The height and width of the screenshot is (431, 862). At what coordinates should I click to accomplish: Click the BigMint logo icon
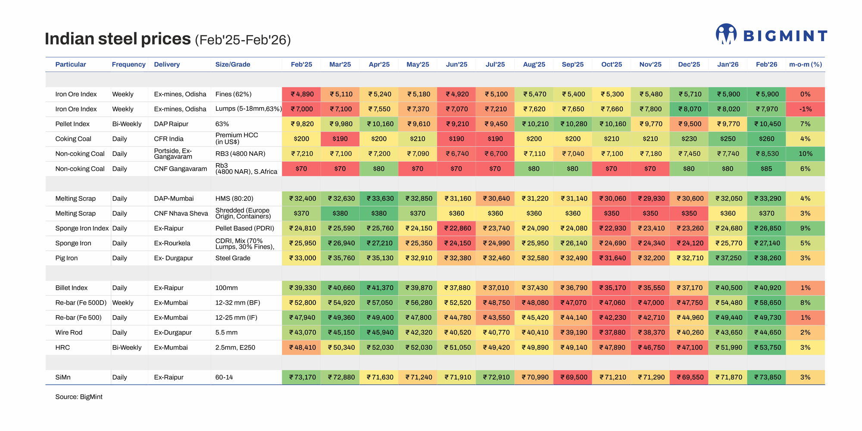click(726, 34)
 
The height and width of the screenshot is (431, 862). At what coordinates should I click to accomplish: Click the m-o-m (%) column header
click(805, 65)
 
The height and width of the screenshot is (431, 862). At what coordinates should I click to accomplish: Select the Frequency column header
click(128, 65)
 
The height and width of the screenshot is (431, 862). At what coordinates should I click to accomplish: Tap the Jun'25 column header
click(456, 65)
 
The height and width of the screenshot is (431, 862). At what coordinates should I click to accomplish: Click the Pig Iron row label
click(66, 258)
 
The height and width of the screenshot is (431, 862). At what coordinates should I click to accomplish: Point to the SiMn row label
click(63, 378)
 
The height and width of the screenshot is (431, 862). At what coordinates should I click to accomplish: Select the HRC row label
click(62, 347)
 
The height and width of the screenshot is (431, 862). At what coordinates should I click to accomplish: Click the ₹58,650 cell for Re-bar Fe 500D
click(766, 303)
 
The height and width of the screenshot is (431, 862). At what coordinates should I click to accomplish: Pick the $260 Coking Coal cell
click(766, 139)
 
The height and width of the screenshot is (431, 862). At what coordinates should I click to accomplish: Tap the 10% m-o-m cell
click(805, 154)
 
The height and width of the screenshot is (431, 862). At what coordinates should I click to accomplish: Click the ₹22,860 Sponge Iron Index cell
click(456, 228)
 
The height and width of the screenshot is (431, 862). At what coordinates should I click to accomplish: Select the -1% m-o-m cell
click(805, 109)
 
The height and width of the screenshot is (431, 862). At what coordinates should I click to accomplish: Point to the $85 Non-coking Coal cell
click(766, 169)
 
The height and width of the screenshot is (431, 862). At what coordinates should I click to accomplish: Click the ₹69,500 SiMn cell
click(573, 378)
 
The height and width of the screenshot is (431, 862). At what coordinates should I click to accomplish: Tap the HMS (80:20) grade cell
click(234, 198)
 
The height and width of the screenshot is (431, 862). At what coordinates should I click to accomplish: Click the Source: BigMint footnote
click(79, 397)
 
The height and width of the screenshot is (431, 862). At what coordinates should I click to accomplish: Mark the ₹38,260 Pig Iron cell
click(766, 258)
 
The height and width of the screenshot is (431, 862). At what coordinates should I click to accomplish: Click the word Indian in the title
click(69, 39)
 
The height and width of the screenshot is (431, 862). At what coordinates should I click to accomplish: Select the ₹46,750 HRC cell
click(650, 347)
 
